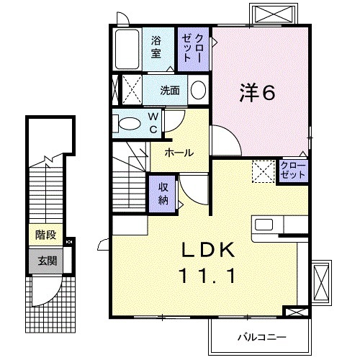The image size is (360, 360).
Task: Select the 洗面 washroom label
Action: coord(170,91)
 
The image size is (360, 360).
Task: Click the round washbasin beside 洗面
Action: coord(198,91)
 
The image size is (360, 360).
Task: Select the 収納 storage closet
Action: coord(163,192)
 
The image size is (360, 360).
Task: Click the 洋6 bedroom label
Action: coord(258,92)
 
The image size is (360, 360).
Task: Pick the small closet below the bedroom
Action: coord(294,171)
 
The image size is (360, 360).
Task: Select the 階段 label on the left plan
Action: coord(45,235)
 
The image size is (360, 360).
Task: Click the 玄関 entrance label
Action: coord(45,259)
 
